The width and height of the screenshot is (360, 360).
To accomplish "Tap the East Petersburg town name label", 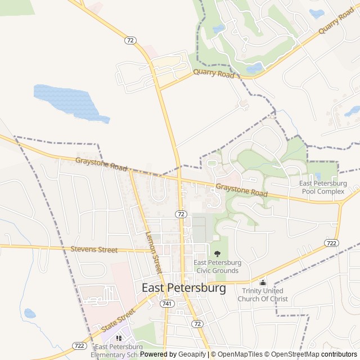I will (183, 287).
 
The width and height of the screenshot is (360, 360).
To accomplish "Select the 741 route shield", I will (166, 303).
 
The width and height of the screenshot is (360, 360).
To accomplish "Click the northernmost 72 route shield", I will (130, 40).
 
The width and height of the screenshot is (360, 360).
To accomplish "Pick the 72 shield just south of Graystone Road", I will (180, 214).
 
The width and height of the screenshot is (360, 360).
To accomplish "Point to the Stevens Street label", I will (94, 249).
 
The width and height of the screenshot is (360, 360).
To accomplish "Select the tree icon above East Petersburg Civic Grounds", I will (218, 254).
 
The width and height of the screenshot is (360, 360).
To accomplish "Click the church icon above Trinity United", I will (263, 282).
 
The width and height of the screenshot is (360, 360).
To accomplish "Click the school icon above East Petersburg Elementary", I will (119, 338).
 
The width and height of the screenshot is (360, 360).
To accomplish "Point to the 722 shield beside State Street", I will (79, 345).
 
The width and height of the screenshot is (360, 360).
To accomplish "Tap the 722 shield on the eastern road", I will (331, 242).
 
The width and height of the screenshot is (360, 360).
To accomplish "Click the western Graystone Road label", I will (101, 164).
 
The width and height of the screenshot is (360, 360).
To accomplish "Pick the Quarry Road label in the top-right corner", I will (336, 21).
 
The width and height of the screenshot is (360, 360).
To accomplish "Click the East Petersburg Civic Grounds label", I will (218, 266).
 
